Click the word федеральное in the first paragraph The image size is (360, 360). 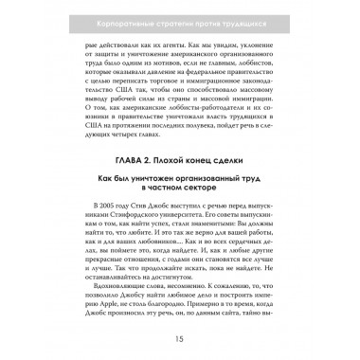[x=218, y=81]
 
